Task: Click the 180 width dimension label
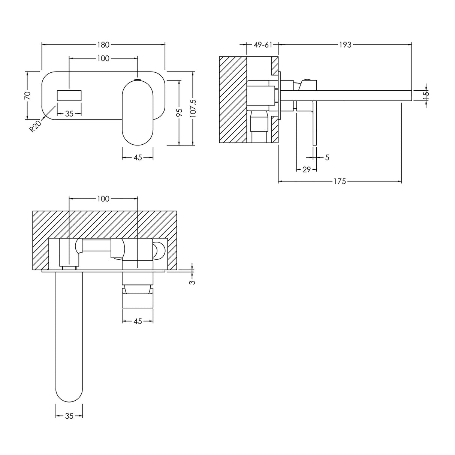[x=103, y=45]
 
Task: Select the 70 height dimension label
[x=27, y=95]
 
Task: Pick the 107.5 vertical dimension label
[x=193, y=109]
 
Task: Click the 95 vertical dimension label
[x=180, y=112]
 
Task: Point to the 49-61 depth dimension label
[x=263, y=45]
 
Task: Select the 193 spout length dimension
[x=345, y=45]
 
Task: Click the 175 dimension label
[x=340, y=182]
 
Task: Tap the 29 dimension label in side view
[x=307, y=170]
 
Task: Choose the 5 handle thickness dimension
[x=327, y=157]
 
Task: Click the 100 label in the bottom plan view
[x=103, y=199]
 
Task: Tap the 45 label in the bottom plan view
[x=138, y=321]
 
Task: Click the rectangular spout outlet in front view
[x=69, y=95]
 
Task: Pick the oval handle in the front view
[x=138, y=112]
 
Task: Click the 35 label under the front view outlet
[x=69, y=114]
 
